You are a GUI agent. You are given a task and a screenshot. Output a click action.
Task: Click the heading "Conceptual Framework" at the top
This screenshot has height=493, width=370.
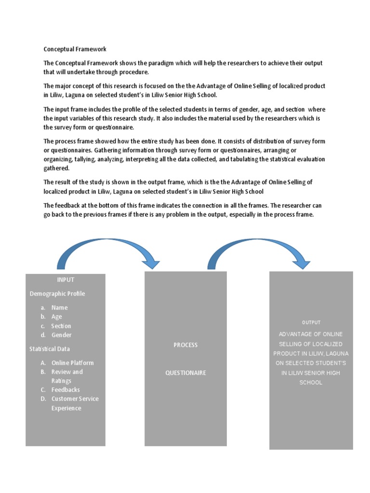point(75,49)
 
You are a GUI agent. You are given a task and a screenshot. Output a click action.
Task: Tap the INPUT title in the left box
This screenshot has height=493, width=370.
point(66,280)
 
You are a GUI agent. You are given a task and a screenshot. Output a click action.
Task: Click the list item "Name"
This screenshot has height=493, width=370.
point(60,308)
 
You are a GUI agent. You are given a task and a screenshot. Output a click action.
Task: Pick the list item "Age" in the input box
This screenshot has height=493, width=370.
point(57,317)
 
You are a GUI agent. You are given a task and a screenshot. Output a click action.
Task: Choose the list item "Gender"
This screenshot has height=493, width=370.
point(61,335)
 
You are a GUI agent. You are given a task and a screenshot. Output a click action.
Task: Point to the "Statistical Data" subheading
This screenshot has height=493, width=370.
point(50,349)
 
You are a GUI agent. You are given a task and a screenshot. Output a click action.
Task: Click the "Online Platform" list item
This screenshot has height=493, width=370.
point(72,363)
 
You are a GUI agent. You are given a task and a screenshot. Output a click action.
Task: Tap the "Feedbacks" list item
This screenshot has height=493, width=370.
point(66,390)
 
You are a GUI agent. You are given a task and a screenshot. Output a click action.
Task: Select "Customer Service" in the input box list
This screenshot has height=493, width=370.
point(75,399)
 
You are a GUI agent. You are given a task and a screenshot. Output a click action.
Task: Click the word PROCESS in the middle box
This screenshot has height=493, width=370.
point(185,345)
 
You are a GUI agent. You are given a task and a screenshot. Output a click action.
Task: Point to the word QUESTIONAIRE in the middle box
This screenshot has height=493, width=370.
point(185,373)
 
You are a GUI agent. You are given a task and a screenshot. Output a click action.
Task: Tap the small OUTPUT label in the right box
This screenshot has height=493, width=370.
point(311,323)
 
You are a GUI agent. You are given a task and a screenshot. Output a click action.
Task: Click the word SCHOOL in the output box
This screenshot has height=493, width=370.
point(311,383)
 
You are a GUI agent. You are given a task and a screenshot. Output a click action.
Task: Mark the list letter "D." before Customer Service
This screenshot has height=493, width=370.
point(43,399)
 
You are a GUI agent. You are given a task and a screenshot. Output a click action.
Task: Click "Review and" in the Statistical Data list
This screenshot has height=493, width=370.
point(67,372)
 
